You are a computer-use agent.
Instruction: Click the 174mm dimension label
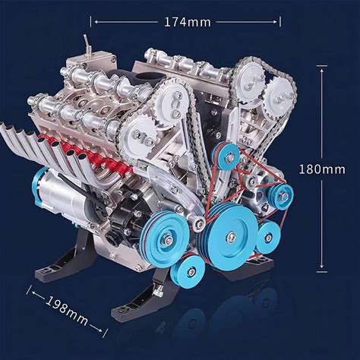coord(188,22)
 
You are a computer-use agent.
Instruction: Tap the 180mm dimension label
coord(322,169)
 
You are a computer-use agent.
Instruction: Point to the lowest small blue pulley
coord(188,271)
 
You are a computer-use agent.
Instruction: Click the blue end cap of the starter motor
coord(38,188)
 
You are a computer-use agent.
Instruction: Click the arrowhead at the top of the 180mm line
coord(322,71)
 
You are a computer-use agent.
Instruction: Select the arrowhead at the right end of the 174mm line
coord(275,22)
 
